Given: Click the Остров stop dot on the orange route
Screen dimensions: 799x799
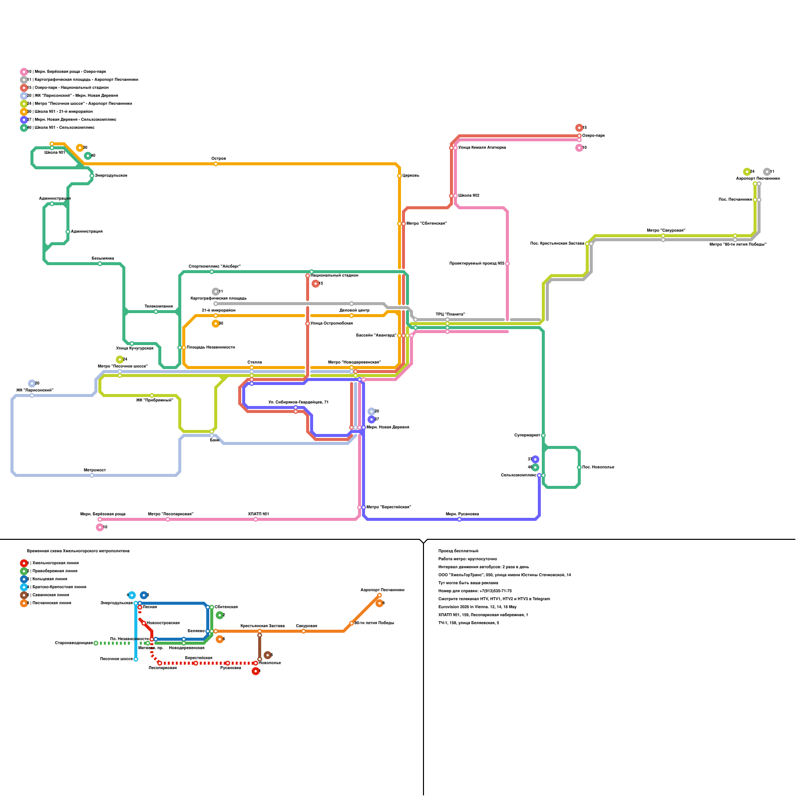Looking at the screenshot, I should coord(216,164).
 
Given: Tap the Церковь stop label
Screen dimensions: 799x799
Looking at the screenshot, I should coord(411,176).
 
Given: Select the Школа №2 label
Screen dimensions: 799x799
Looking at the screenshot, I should coord(469,196).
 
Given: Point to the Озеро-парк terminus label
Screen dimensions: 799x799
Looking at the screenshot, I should coord(593,136).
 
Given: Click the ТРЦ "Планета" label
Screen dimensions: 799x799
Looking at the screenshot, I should coord(450,315).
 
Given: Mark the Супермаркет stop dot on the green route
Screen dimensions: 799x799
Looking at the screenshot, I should coord(543,435).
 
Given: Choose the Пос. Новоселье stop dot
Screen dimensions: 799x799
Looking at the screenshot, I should coord(579,467).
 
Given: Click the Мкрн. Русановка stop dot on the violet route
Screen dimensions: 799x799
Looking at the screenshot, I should coord(459,519).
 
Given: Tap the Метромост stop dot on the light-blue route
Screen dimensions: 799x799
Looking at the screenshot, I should coord(92,475).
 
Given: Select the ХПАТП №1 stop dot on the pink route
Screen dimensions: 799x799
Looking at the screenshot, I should coord(256,519).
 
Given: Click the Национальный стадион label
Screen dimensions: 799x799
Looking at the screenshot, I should coord(335,276).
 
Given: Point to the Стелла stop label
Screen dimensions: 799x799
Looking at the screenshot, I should coord(254,363).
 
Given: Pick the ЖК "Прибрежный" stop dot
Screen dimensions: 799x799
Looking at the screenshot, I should coord(152,396).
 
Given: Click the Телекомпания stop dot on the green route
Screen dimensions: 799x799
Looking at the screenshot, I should coord(156,312).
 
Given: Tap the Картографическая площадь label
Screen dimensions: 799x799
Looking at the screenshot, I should coord(219,299).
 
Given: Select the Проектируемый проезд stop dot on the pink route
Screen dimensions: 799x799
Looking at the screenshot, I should coord(507,264).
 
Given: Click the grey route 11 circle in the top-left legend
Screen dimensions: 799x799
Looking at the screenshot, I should coord(24,80).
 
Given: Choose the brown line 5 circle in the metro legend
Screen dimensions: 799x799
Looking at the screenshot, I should coord(24,595).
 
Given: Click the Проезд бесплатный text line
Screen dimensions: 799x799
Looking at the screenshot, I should coord(458,551).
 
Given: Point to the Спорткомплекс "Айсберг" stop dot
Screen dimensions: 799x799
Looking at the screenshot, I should coord(212,272).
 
